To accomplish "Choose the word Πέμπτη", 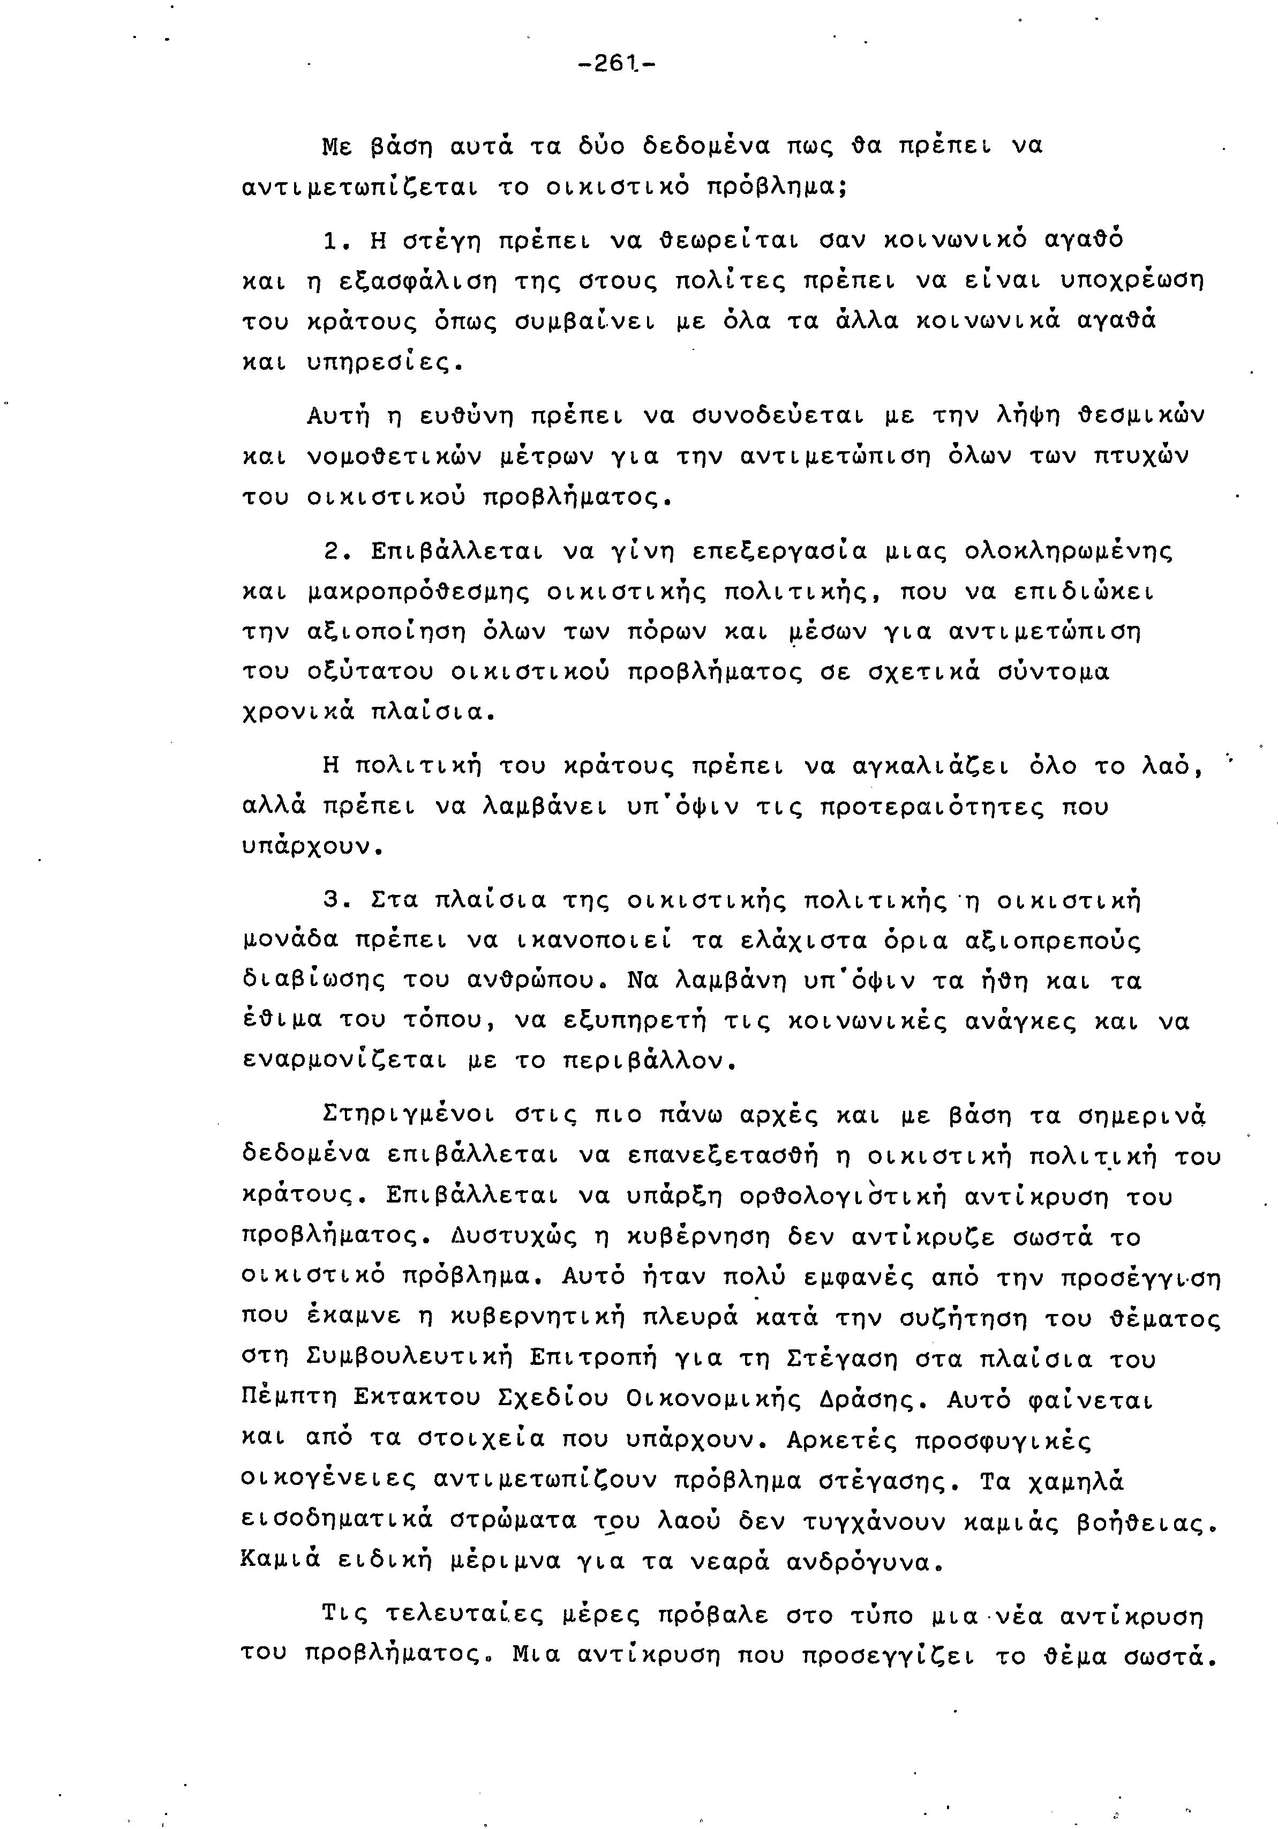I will (290, 1399).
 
